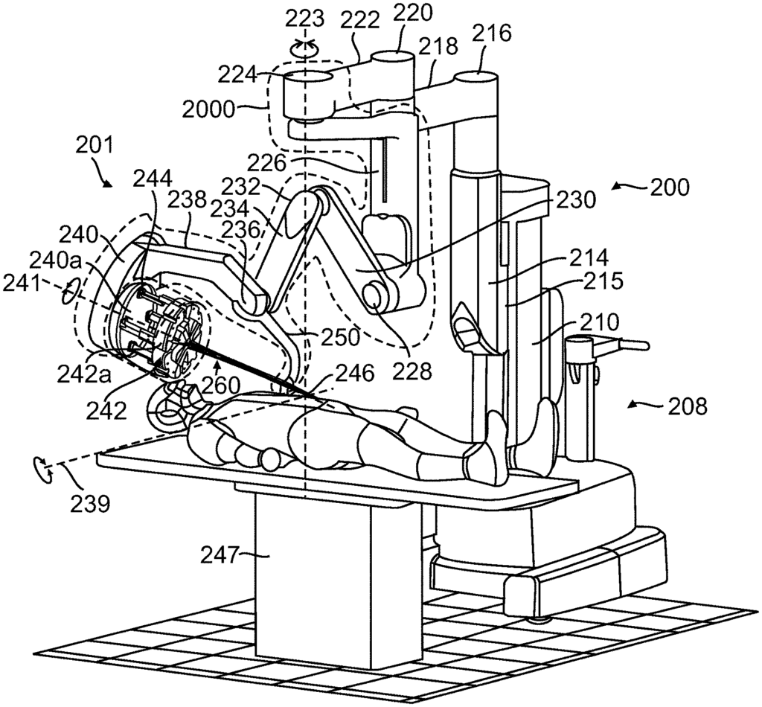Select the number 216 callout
[492, 33]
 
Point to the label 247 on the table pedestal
[224, 554]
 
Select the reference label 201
[94, 144]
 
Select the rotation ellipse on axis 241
[70, 292]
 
